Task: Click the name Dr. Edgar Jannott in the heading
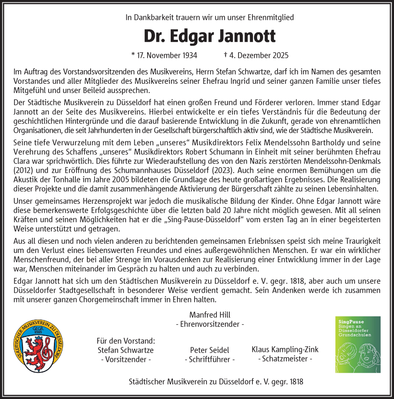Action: click(209, 36)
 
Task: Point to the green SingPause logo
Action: click(358, 344)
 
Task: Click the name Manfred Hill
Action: click(210, 315)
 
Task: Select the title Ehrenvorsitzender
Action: click(210, 324)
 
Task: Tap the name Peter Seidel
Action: click(210, 350)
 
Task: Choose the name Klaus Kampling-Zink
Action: click(285, 350)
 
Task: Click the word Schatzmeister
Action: click(285, 359)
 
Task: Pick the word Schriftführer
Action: click(210, 359)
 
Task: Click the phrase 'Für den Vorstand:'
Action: click(126, 341)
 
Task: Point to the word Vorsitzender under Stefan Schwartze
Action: click(126, 359)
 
